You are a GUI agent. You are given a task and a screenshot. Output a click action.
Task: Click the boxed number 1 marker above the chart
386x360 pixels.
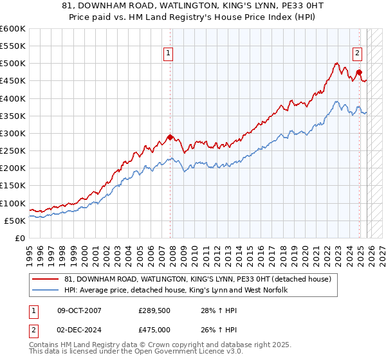point(168,54)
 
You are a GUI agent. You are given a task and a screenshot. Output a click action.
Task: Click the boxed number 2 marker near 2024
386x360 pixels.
point(356,54)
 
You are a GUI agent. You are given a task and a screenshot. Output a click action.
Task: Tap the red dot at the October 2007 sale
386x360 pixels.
point(170,136)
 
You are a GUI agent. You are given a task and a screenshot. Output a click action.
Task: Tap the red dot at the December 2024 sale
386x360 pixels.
point(359,72)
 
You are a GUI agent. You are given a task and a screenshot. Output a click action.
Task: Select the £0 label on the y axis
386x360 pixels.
point(20,238)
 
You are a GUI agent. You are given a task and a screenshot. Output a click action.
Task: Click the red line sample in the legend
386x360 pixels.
point(46,279)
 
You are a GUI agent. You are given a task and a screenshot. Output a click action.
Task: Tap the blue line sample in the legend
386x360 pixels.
point(46,291)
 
